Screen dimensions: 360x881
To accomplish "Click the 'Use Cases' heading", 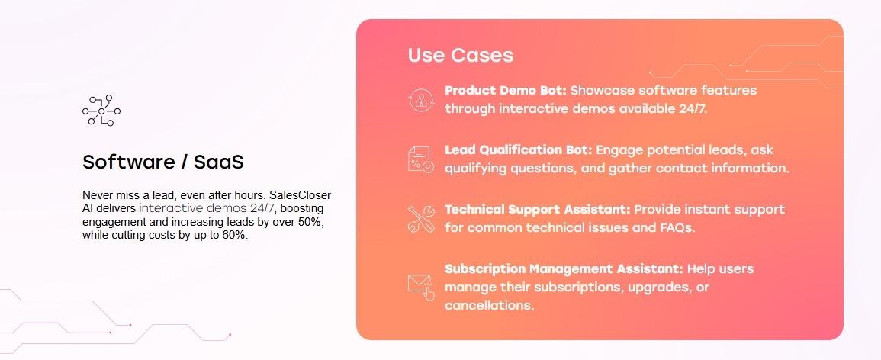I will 460,55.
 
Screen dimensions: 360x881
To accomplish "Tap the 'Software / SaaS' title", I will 162,162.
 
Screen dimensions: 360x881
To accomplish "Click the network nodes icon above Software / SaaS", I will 101,111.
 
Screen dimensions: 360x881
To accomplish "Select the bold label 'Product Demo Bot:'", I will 505,90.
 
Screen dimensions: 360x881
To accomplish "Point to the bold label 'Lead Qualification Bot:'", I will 518,149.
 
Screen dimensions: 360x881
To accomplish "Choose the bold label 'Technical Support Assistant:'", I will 537,209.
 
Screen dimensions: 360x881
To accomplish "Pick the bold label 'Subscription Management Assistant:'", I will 563,268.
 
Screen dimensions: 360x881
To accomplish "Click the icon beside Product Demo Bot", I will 420,100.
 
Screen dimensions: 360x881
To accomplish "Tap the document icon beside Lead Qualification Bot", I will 420,159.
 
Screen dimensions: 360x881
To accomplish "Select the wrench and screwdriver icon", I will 420,219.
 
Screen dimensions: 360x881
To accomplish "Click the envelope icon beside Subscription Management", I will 420,286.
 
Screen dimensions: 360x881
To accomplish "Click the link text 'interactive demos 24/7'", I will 207,208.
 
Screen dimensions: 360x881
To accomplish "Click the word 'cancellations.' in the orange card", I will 489,305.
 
